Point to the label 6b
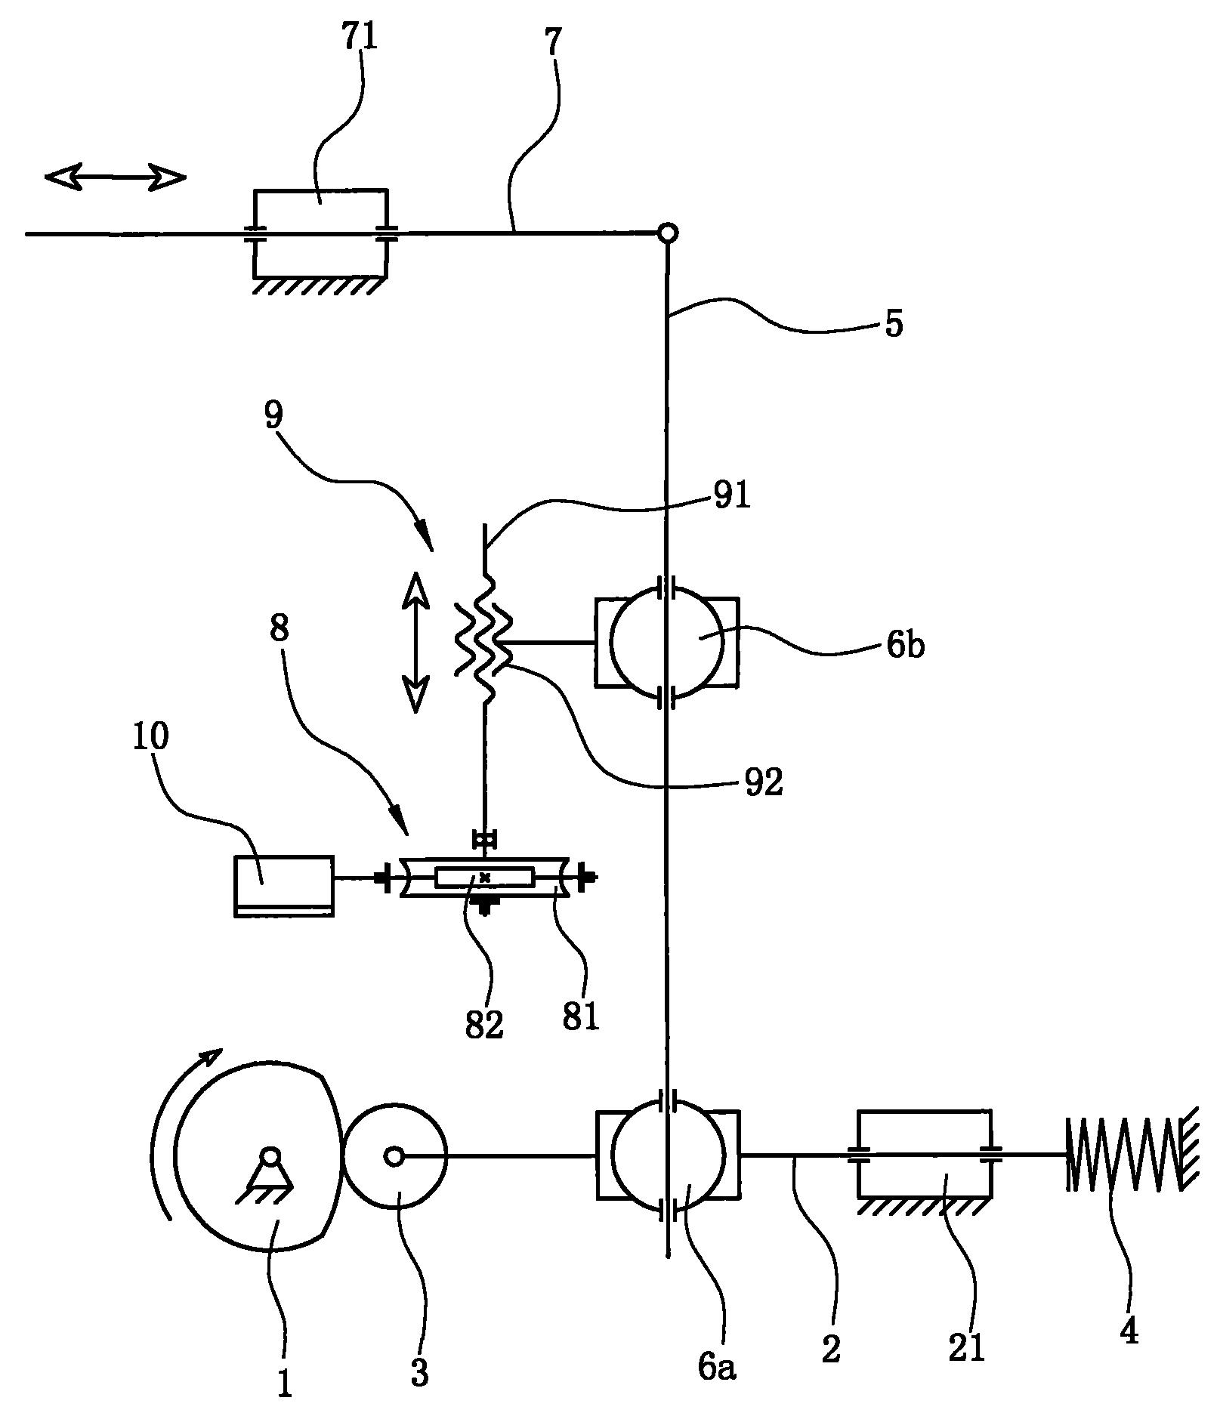click(x=905, y=646)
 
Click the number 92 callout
click(x=764, y=783)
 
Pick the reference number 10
click(x=152, y=738)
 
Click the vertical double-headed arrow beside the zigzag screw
click(x=415, y=642)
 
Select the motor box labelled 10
click(x=284, y=885)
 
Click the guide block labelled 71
click(x=320, y=233)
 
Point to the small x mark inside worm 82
click(x=485, y=878)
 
